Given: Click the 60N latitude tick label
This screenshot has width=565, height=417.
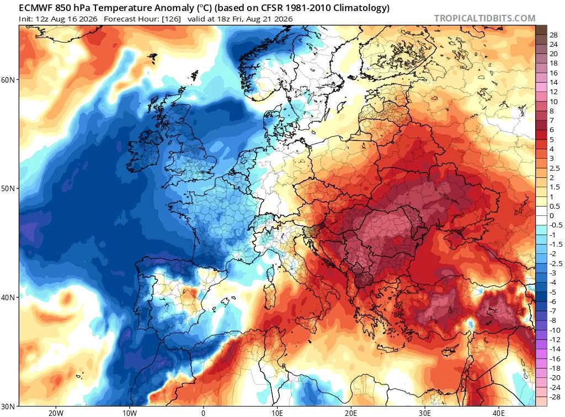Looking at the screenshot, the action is point(8,79).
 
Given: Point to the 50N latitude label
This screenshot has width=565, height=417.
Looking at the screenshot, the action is point(8,188).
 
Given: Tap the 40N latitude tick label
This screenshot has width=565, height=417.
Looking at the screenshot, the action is point(8,297).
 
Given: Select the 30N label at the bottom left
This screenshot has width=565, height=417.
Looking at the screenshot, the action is point(8,407).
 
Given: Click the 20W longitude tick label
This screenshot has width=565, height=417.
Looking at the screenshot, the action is point(56,413).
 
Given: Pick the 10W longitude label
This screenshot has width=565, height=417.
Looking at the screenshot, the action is point(130,413).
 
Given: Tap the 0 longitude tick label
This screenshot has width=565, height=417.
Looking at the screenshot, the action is point(204,413).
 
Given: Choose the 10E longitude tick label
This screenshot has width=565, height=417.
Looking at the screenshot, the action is point(278,413).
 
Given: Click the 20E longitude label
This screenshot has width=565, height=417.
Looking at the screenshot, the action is point(351,413).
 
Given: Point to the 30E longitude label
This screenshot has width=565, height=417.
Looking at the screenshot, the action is point(425,413).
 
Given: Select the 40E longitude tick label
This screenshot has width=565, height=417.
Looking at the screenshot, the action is point(499,413).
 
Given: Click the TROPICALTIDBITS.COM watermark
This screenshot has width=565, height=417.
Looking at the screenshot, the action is point(484,18).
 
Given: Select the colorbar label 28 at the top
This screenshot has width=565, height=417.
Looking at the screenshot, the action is point(553,35).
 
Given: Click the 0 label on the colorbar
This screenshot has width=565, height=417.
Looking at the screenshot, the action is point(552,216).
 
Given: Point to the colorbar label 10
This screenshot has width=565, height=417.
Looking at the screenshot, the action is point(553,101).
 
